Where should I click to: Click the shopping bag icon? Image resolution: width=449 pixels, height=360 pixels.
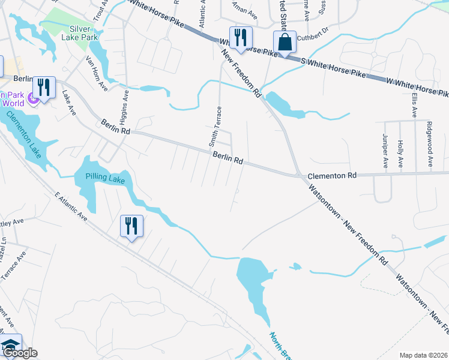click(x=285, y=42)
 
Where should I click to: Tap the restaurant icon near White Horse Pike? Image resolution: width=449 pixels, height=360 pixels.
click(x=238, y=37)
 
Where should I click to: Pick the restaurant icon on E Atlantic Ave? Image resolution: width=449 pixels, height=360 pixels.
click(x=131, y=226)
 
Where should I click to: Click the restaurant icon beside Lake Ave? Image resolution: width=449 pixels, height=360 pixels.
click(x=44, y=88)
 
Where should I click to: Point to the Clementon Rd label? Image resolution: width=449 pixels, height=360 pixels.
click(x=332, y=176)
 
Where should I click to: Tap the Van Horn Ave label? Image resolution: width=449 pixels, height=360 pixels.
click(x=96, y=73)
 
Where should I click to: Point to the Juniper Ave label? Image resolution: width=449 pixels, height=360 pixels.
click(x=385, y=151)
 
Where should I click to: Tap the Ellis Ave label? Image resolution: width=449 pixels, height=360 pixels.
click(x=414, y=105)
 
